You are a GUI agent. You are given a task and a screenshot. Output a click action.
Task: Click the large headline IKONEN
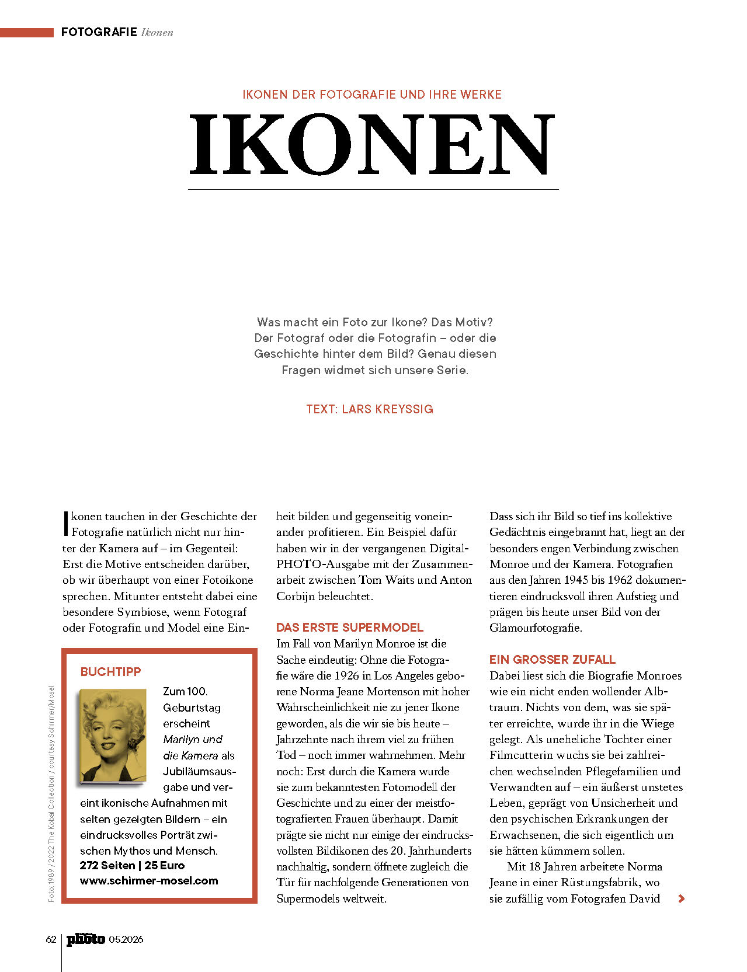tap(372, 144)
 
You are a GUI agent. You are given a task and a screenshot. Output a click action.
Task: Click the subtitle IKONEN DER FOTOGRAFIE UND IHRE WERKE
tap(372, 95)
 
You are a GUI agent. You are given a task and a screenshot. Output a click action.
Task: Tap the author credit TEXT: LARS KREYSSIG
tap(370, 409)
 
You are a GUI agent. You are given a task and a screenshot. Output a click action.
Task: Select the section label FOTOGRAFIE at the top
tap(99, 32)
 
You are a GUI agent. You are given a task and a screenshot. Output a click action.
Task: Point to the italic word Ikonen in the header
tap(157, 33)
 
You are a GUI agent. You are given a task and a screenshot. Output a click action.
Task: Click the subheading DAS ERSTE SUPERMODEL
tap(349, 628)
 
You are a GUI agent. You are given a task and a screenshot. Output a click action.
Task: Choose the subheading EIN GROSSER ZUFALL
tap(552, 660)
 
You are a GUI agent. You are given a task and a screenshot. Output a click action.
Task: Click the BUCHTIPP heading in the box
tap(110, 672)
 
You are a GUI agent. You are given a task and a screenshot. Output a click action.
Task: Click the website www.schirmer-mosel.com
tap(149, 881)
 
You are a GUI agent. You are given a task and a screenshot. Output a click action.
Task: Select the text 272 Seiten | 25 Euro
tap(132, 866)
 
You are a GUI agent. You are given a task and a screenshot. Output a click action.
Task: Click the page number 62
tap(51, 939)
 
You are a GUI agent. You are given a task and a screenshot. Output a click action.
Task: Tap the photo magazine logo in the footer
tap(85, 939)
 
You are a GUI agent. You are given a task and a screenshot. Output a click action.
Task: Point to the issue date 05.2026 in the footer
tap(126, 939)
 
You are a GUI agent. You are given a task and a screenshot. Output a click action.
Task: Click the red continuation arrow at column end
tap(681, 899)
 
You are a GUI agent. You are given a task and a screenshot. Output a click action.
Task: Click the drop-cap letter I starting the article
tap(66, 524)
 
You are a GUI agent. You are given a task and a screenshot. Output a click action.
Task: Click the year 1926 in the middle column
tap(346, 676)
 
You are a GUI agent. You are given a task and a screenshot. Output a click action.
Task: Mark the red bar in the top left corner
tap(26, 33)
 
